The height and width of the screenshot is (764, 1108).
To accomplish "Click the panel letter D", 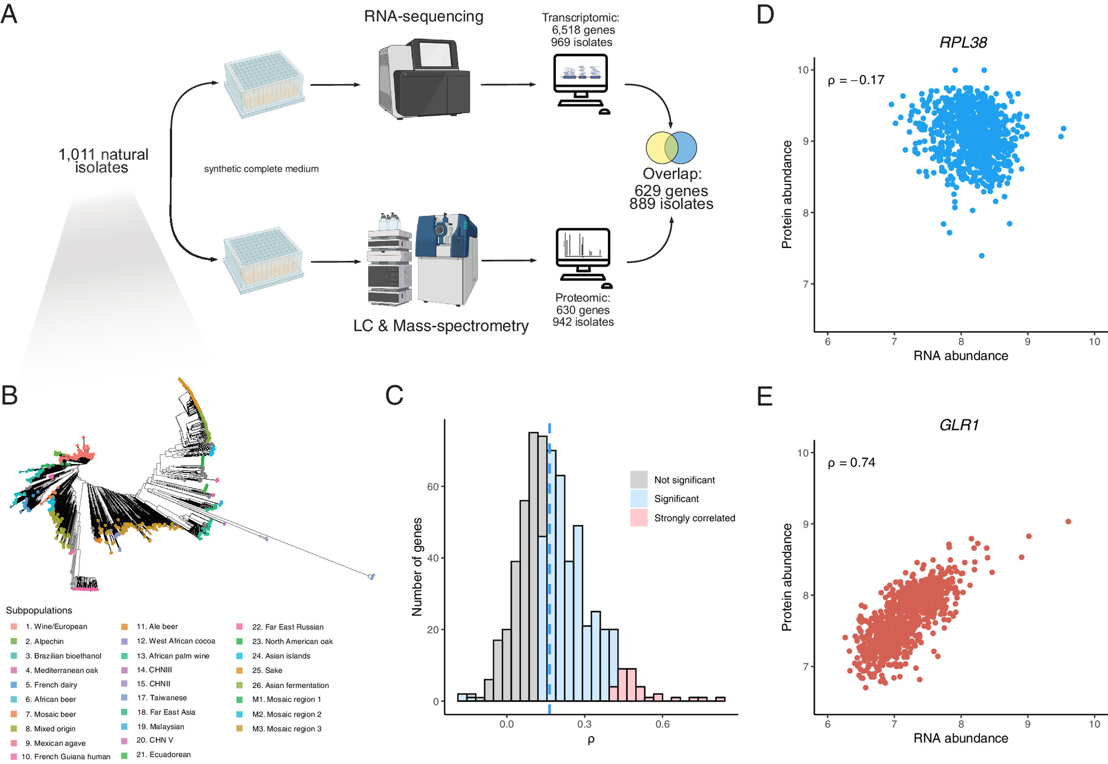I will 765,14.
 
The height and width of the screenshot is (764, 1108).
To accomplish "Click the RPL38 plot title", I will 963,42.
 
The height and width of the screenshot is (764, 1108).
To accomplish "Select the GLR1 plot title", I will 959,425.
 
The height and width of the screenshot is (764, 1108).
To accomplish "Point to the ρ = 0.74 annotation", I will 851,462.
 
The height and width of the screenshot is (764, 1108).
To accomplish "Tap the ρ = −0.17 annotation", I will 855,80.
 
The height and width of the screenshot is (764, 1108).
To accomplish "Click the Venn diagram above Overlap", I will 671,148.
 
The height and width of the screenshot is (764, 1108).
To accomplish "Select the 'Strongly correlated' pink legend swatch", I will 639,518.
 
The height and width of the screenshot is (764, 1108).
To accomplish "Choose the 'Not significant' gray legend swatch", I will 639,480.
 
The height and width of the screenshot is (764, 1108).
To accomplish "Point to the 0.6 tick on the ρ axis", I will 662,724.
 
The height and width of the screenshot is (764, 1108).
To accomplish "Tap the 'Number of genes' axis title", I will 417,567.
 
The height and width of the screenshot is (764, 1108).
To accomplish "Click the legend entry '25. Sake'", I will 267,670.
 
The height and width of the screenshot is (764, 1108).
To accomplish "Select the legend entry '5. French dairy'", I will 51,685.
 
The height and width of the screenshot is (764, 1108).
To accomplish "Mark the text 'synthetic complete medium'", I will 261,169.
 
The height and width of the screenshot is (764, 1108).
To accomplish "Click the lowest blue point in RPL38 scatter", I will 982,256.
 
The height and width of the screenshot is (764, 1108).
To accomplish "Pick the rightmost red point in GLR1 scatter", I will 1068,522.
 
